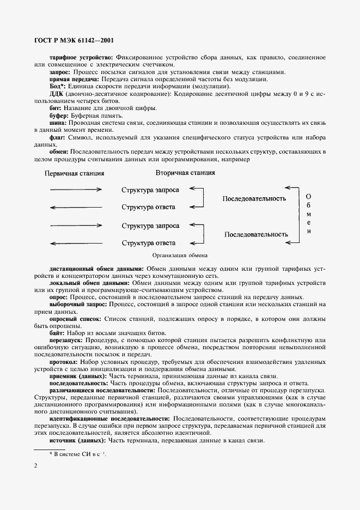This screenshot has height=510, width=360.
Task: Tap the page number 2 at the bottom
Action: click(x=35, y=466)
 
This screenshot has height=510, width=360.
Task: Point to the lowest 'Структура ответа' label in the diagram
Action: click(x=148, y=242)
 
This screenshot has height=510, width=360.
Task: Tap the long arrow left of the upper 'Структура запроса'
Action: click(x=76, y=190)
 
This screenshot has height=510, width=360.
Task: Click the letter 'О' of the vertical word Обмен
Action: click(x=309, y=196)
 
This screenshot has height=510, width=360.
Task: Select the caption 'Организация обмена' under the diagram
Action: click(x=180, y=255)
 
